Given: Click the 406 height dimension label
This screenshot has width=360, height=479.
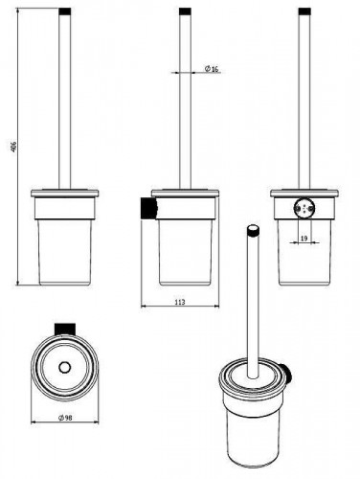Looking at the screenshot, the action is pos(13,147).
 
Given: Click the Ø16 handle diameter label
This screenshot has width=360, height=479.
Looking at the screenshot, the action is pos(212,69).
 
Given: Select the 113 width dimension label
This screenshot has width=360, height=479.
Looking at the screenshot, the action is pos(180,302).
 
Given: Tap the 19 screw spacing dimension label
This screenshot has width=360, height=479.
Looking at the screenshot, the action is pos(304,239).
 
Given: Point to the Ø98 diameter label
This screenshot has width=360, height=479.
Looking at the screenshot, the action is pos(65,418).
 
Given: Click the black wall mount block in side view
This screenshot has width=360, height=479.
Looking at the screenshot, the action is pos(148,208).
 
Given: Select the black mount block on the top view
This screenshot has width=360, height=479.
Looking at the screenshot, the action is pos(65,329).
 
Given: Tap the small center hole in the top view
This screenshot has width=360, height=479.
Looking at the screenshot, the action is pos(65,368).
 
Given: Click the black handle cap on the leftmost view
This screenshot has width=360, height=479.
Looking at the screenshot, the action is pos(64,11).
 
